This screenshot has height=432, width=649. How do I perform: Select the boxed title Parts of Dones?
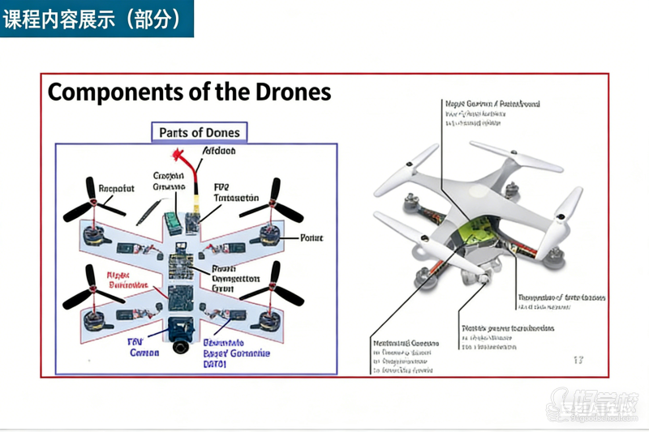[199, 132]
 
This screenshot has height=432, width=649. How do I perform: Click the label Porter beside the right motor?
[312, 238]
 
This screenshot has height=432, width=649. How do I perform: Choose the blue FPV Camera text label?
[144, 347]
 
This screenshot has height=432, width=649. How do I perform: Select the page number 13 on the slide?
[578, 359]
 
